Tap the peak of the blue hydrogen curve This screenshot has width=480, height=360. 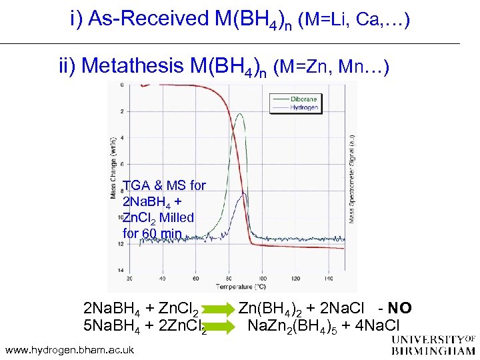pyautogui.click(x=244, y=193)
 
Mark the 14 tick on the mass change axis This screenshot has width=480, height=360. pyautogui.click(x=121, y=269)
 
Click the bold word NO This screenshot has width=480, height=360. pyautogui.click(x=400, y=309)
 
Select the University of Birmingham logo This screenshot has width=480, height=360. pyautogui.click(x=433, y=345)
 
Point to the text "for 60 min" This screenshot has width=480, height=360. pyautogui.click(x=153, y=233)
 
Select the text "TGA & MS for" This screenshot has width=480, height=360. pyautogui.click(x=165, y=185)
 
